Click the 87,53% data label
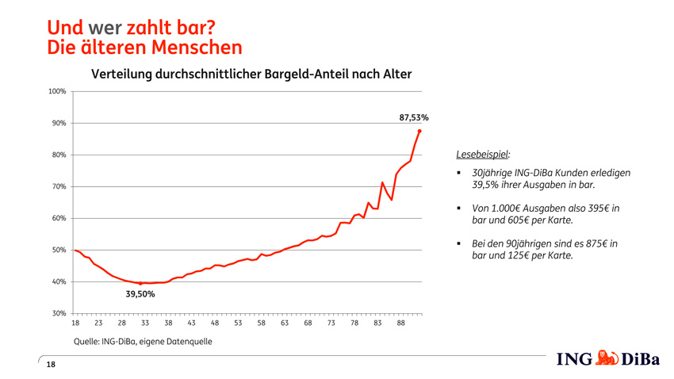(x=413, y=117)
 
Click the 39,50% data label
(x=140, y=294)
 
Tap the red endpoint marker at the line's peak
(x=419, y=131)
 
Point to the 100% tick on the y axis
(x=56, y=92)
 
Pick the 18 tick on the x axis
(x=75, y=323)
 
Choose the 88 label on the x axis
(x=401, y=323)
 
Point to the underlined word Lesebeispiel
(x=484, y=154)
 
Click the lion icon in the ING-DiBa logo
(x=607, y=358)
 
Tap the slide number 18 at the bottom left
(x=51, y=364)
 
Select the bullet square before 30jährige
(x=460, y=173)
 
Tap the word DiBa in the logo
(x=640, y=359)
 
